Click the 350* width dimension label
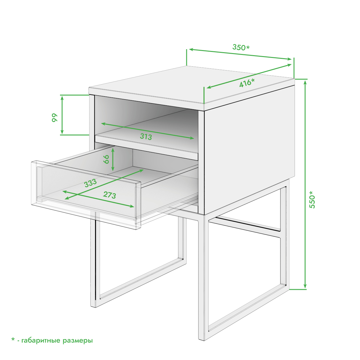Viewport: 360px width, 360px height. [x=241, y=47]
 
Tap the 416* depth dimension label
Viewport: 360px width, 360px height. [x=247, y=82]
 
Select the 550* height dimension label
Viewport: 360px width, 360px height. [x=312, y=199]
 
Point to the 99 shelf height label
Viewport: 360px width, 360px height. [x=55, y=118]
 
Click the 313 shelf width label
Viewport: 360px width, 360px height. [x=146, y=136]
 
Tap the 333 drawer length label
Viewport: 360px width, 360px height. [x=90, y=183]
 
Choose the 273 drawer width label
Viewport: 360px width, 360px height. [x=110, y=195]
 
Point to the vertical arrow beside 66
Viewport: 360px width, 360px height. [x=113, y=159]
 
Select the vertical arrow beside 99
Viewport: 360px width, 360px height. [x=62, y=115]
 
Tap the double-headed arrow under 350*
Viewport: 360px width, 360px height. [x=240, y=54]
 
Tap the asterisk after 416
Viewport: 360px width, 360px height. [x=253, y=80]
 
